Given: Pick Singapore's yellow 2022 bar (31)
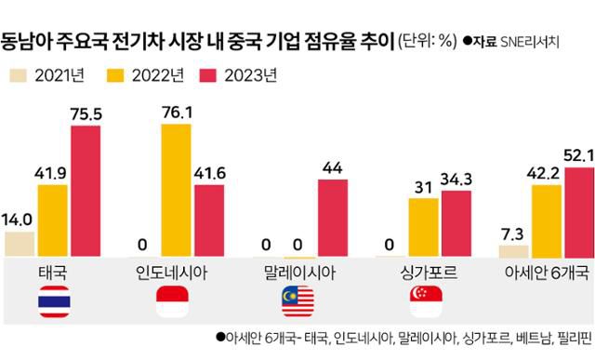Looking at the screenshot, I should coord(426,228).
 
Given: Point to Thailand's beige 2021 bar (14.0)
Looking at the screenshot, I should coord(20,245).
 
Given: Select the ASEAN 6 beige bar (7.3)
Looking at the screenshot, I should coord(513,250).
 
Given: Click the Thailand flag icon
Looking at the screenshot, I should coord(54,302).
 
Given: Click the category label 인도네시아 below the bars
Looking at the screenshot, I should coord(178,273).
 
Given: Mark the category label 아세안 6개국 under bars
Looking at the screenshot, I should coord(546,273).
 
